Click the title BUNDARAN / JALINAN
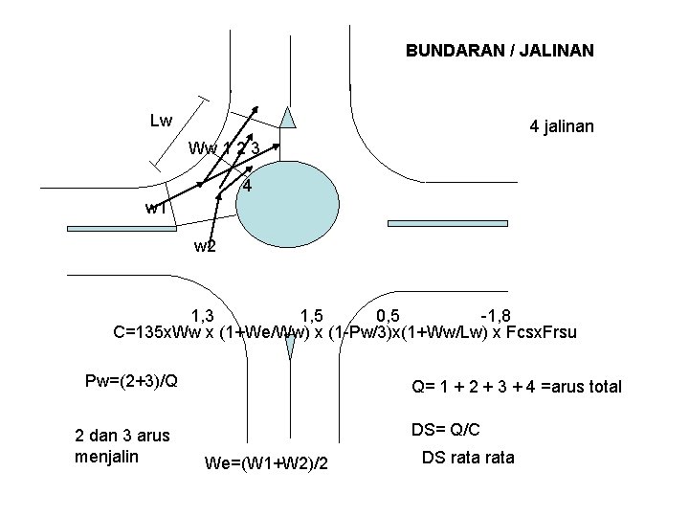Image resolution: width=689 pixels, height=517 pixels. pos(500,49)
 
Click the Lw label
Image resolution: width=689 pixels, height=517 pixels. pos(161,121)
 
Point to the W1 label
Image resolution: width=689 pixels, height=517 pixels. pos(155,208)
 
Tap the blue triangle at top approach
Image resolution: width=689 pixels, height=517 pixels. pos(290,116)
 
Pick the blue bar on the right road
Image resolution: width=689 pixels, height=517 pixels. pos(438,223)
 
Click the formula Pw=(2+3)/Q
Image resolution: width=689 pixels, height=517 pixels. pos(131,381)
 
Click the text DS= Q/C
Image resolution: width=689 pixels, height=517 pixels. pos(446,430)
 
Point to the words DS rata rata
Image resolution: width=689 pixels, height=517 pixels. pos(468,458)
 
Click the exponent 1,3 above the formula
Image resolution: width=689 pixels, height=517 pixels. pos(203,316)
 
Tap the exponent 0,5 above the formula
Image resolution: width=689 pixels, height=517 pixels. pos(389,316)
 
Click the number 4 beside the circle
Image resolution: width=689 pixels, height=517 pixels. pos(247,186)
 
